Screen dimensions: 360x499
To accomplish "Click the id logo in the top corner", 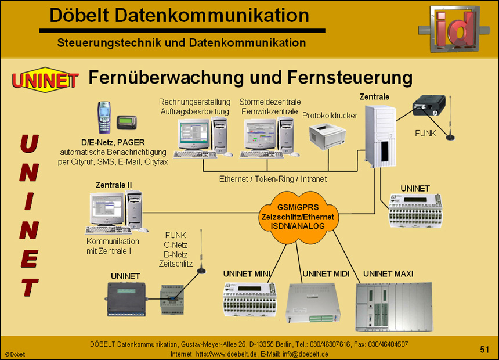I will (x=454, y=27).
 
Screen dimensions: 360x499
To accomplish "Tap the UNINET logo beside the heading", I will (x=45, y=80).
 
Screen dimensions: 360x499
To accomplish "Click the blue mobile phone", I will (x=104, y=117).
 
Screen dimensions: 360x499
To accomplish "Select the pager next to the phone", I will (x=126, y=123).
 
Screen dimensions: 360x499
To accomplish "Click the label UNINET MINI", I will (x=251, y=273).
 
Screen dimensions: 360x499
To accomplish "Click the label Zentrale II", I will (x=113, y=185).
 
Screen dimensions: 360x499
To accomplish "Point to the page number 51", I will (x=484, y=349).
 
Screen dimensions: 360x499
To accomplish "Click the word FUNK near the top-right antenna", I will (x=425, y=133).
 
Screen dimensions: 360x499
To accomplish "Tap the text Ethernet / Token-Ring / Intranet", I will (x=273, y=179).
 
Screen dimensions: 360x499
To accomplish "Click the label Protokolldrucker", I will (x=330, y=116).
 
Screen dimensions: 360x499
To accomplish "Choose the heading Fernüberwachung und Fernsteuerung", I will (x=250, y=77).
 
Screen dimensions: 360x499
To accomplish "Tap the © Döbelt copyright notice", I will (x=15, y=354).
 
